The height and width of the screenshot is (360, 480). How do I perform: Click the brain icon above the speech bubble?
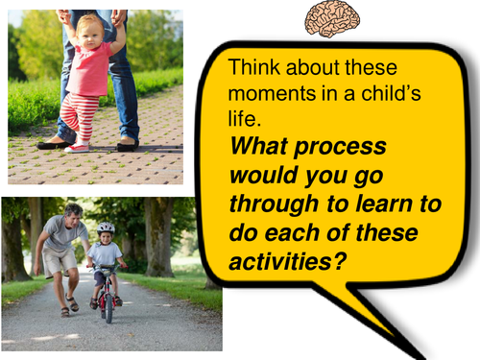[x=332, y=18]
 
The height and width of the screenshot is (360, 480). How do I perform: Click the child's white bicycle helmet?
[x=105, y=229]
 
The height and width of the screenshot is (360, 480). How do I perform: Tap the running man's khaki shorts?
[x=60, y=260]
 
